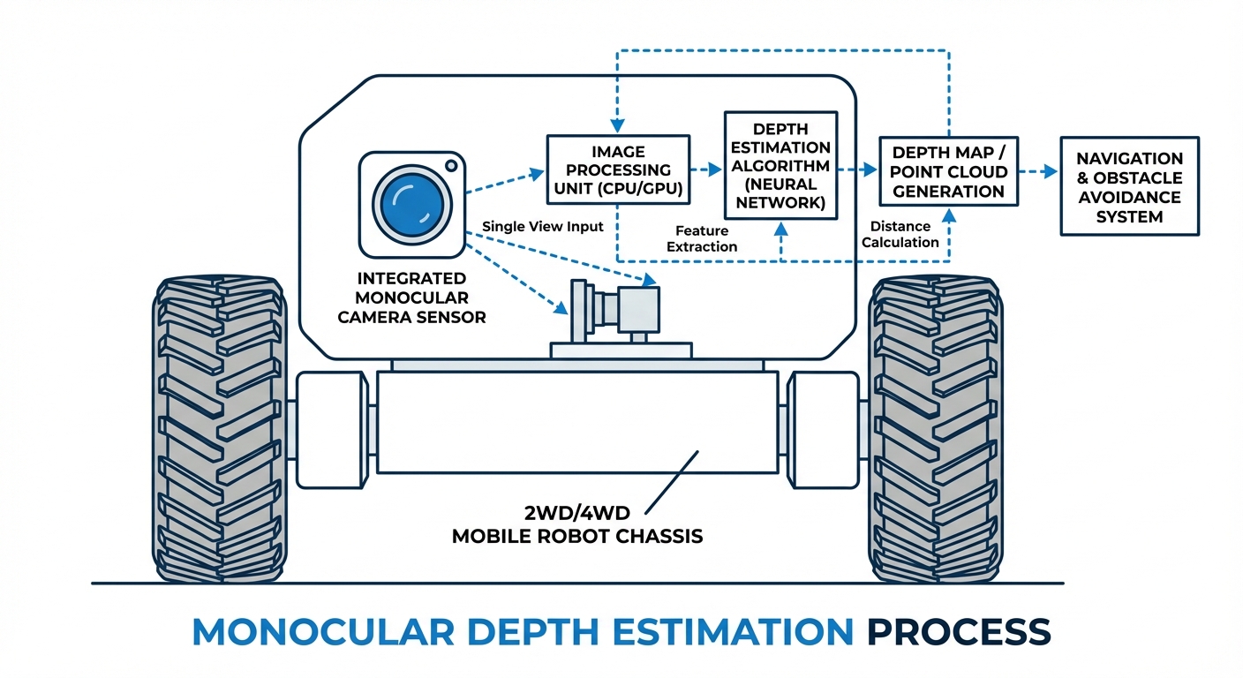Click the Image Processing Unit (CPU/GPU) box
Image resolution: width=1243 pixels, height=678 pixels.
pyautogui.click(x=617, y=169)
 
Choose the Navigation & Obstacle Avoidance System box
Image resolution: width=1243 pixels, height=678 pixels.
pyautogui.click(x=1129, y=185)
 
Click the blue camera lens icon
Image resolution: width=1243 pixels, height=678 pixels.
pyautogui.click(x=409, y=202)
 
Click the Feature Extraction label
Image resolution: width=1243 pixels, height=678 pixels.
pyautogui.click(x=702, y=238)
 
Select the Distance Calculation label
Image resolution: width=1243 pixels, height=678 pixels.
pyautogui.click(x=900, y=234)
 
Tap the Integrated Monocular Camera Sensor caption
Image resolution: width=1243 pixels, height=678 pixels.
pyautogui.click(x=412, y=298)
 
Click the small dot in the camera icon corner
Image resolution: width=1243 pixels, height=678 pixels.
pyautogui.click(x=451, y=165)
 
